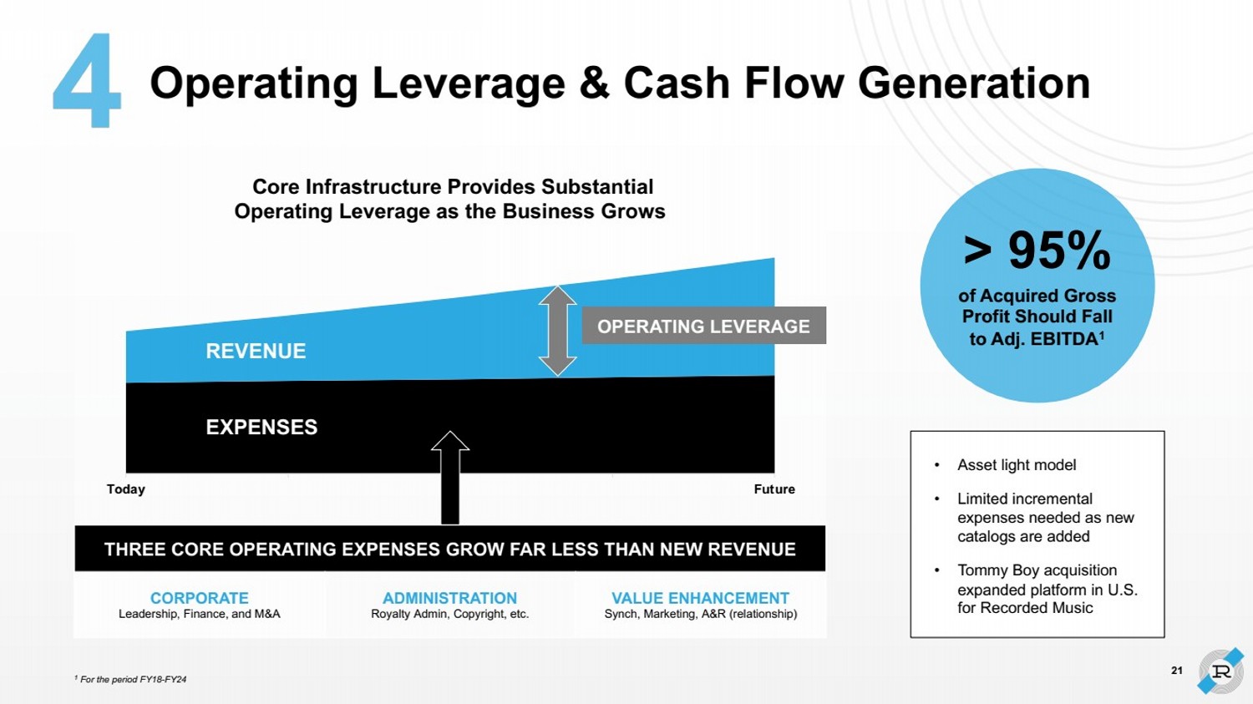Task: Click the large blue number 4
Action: click(x=86, y=81)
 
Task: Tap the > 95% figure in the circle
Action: click(x=1037, y=250)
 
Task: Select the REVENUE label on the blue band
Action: click(x=256, y=352)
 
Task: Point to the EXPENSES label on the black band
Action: click(x=261, y=428)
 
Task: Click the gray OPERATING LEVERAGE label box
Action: click(x=703, y=327)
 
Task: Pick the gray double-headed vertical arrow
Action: click(x=557, y=331)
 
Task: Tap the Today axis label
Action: click(x=126, y=489)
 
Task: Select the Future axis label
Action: click(x=774, y=489)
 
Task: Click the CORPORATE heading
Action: click(x=200, y=598)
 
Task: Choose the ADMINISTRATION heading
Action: click(x=449, y=598)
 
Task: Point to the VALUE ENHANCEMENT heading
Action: click(x=700, y=598)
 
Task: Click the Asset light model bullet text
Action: click(x=1017, y=465)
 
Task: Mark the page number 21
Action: click(x=1177, y=671)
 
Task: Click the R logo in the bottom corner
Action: click(x=1220, y=671)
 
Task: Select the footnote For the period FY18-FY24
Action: click(x=133, y=680)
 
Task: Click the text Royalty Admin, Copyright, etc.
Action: click(x=449, y=614)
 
